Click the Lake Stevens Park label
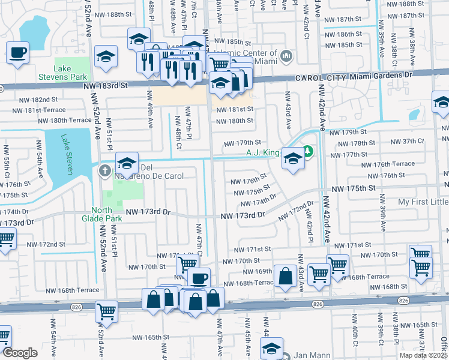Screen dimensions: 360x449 (x=71, y=73)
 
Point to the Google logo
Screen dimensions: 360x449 (x=20, y=353)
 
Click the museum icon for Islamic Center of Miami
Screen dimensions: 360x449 (x=286, y=57)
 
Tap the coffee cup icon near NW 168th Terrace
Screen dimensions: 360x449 (x=199, y=278)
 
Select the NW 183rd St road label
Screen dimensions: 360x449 (x=109, y=86)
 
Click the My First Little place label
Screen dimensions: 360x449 (x=423, y=202)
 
